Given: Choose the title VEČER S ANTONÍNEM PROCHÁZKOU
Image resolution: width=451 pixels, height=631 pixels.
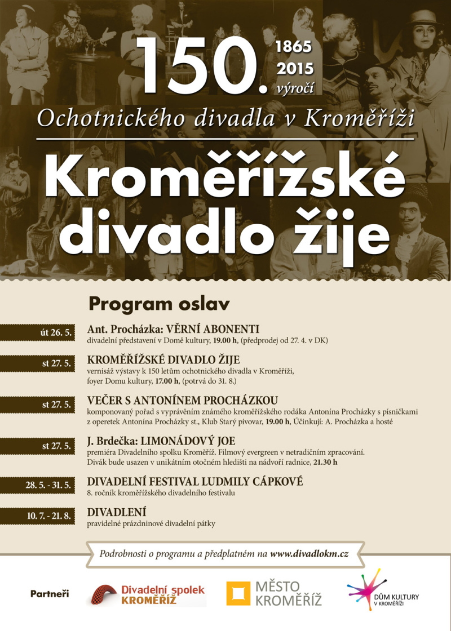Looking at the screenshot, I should coord(183,400).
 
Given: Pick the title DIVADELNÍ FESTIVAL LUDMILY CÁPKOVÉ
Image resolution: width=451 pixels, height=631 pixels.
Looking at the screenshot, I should coord(195,482).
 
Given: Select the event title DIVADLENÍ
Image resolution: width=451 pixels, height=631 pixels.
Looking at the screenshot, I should coord(117,512).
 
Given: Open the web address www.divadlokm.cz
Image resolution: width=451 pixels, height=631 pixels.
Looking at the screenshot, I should coord(309,554).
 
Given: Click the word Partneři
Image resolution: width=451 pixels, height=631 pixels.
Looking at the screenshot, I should coord(50,594).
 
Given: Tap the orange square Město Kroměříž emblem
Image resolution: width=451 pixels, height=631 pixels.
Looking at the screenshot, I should coord(238,593).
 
